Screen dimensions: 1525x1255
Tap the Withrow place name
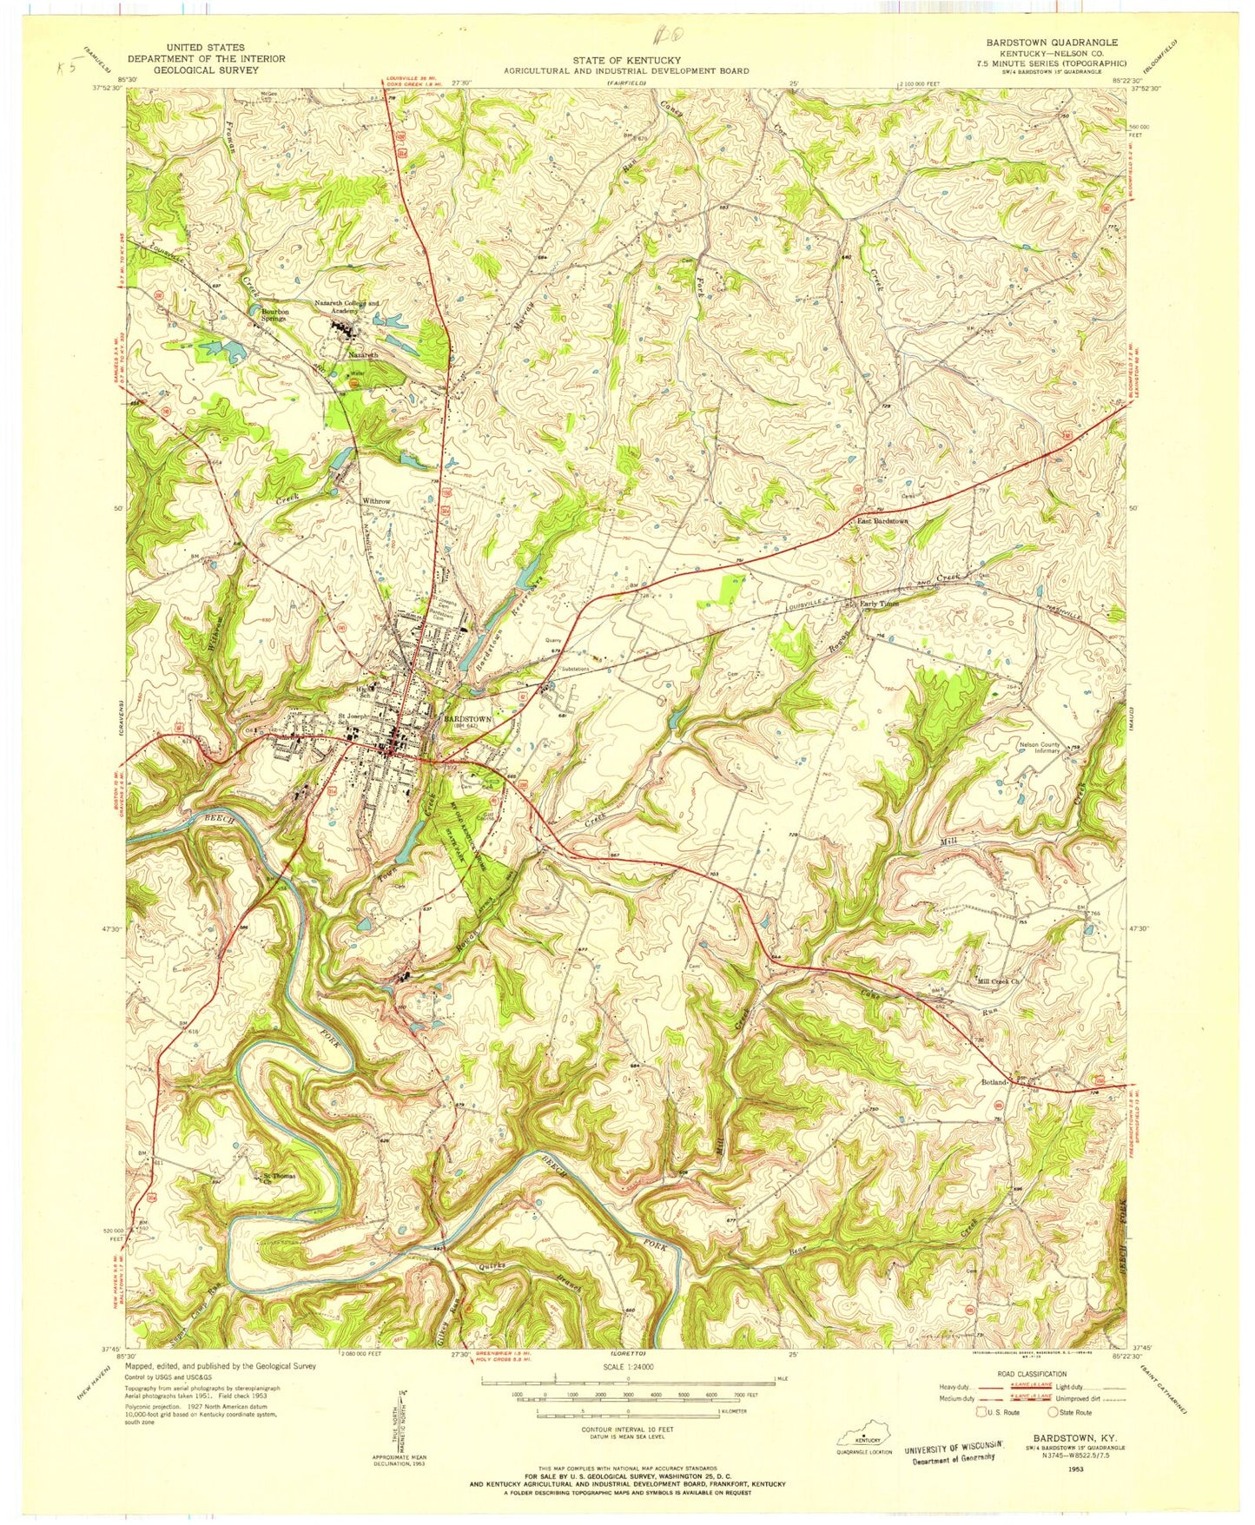[x=376, y=502]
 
